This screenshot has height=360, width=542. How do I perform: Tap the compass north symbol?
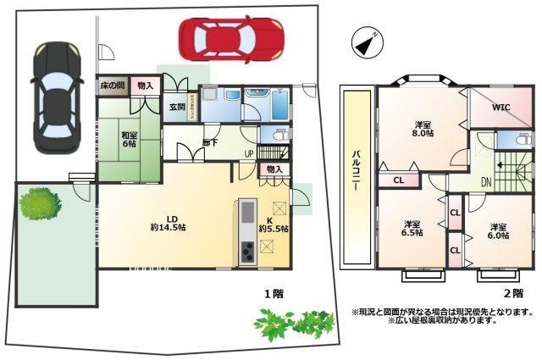coord(365,43)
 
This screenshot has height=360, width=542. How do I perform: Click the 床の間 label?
coord(112,86)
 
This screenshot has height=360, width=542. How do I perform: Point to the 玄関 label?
coord(177,107)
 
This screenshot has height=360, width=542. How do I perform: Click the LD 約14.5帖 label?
coord(169,223)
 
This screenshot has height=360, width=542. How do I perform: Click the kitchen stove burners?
coord(247,252)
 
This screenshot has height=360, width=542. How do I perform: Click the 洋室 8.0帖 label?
coord(423,128)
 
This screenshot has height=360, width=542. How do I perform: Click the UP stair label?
coord(248,153)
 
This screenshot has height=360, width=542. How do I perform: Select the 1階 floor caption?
coord(272,294)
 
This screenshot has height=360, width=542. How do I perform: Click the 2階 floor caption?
coord(513,293)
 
